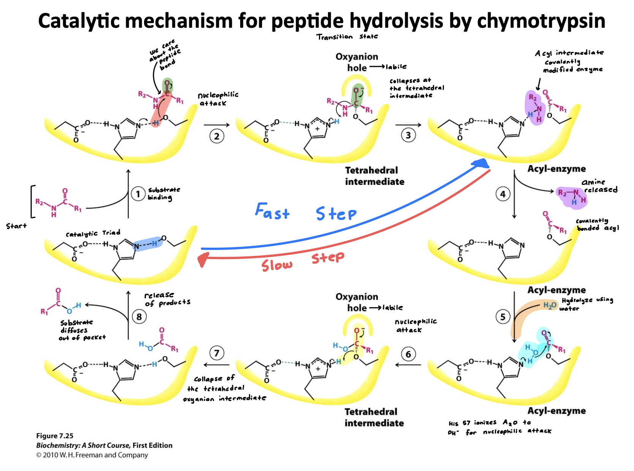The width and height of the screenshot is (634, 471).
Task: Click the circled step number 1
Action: [138, 194]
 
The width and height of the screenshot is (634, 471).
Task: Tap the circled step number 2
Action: [216, 136]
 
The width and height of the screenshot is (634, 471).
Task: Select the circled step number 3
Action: [408, 135]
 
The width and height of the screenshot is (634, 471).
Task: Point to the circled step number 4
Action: [502, 194]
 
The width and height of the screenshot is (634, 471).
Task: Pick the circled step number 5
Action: [502, 317]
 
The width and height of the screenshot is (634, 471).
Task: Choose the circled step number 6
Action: [408, 354]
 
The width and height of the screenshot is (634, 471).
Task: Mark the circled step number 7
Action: [216, 353]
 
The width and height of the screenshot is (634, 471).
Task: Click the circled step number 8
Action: [139, 317]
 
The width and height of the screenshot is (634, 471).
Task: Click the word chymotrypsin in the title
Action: [541, 21]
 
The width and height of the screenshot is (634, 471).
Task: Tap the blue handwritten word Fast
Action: [272, 211]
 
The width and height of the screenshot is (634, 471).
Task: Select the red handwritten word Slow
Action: [277, 265]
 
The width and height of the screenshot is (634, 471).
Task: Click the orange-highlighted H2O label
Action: [549, 306]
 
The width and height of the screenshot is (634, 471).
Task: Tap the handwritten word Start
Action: [16, 226]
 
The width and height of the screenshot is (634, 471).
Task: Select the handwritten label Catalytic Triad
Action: [93, 233]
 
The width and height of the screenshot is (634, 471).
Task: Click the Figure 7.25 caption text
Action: [55, 436]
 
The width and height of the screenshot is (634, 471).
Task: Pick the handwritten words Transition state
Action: [347, 36]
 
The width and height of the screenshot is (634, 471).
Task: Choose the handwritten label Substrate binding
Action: [164, 194]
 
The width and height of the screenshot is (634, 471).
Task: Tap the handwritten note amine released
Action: [599, 186]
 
